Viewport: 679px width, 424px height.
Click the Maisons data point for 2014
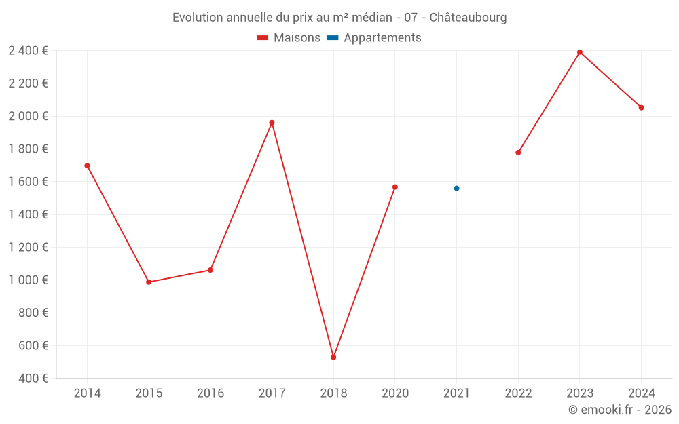[87, 166]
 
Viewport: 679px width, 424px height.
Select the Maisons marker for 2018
[333, 357]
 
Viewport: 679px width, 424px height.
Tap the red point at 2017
[272, 123]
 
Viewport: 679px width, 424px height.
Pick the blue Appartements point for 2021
[456, 188]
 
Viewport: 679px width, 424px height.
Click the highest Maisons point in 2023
[580, 52]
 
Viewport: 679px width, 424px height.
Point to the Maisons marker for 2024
[641, 107]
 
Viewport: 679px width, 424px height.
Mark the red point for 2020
[395, 187]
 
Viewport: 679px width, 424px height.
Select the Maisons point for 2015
[149, 282]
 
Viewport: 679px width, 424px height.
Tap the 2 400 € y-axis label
[28, 51]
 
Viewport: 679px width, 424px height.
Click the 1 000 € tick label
[28, 280]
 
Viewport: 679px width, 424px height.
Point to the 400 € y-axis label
[32, 379]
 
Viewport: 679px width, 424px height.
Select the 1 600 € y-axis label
[28, 182]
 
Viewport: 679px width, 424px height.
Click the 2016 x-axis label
[210, 393]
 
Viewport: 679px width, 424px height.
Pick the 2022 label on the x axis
[518, 393]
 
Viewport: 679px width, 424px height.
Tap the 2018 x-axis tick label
[333, 393]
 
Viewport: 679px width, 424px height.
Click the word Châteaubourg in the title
[468, 18]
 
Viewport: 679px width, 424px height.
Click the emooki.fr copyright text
[619, 410]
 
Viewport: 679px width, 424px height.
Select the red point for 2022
[518, 153]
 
